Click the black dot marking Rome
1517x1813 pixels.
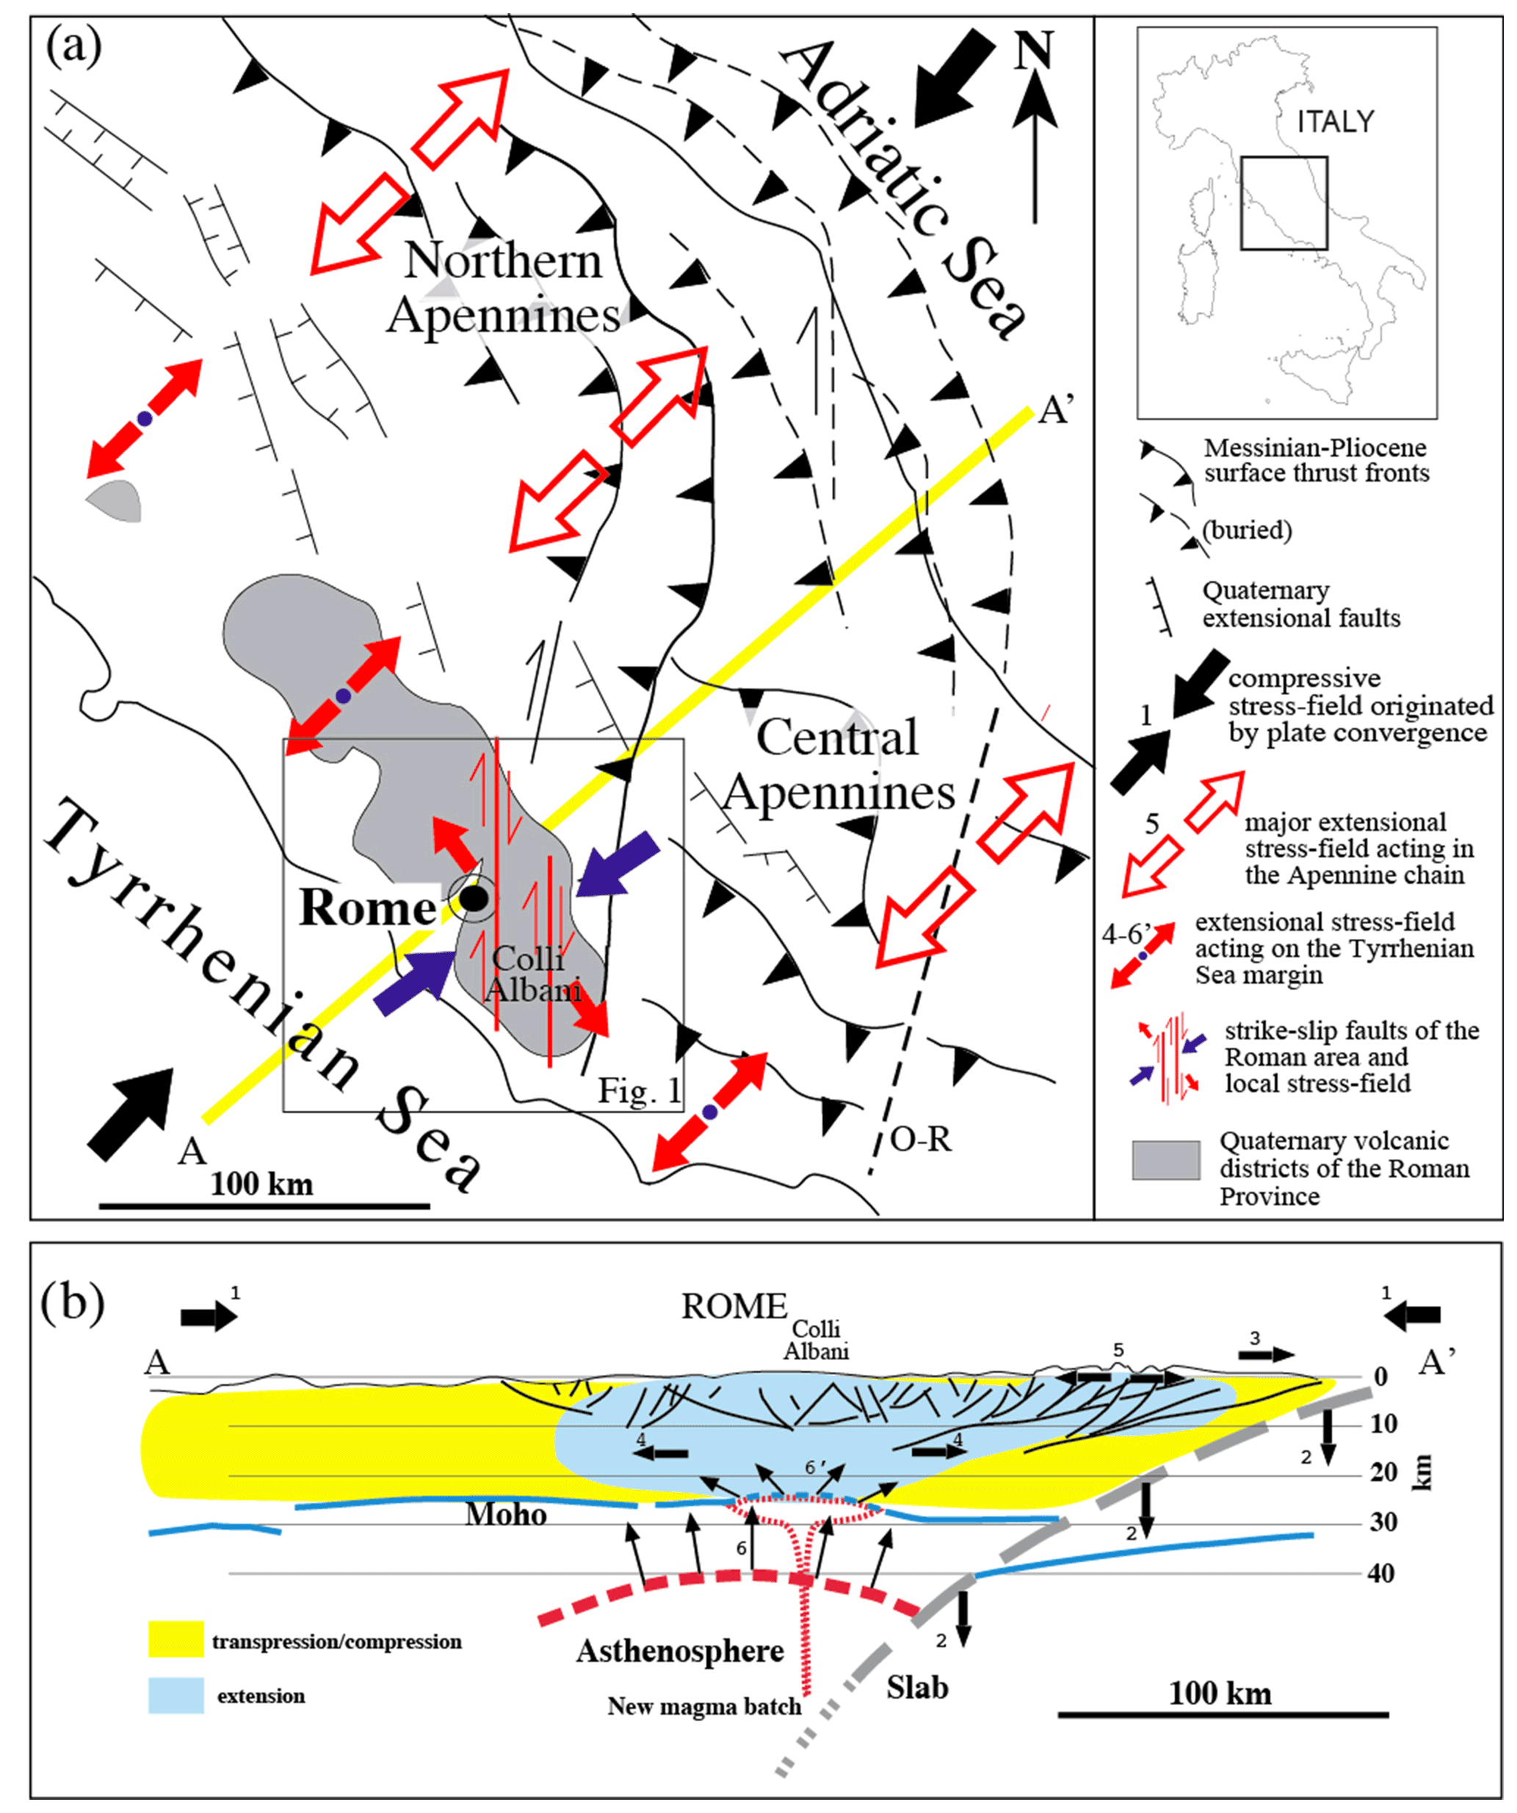point(473,898)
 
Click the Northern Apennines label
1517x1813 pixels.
point(504,288)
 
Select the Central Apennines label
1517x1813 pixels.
point(839,765)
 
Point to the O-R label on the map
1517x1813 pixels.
point(920,1141)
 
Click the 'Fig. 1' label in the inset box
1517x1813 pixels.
point(639,1091)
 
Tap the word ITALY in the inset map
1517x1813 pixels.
point(1335,123)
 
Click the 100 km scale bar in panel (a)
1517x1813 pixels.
point(264,1205)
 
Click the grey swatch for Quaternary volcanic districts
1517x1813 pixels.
point(1165,1160)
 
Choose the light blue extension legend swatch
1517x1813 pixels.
point(176,1695)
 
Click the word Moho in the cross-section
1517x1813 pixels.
point(506,1514)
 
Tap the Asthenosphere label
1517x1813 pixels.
point(681,1650)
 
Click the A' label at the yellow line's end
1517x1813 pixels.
point(1056,410)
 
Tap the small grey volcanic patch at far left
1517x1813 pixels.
point(115,500)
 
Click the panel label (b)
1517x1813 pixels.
point(73,1302)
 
